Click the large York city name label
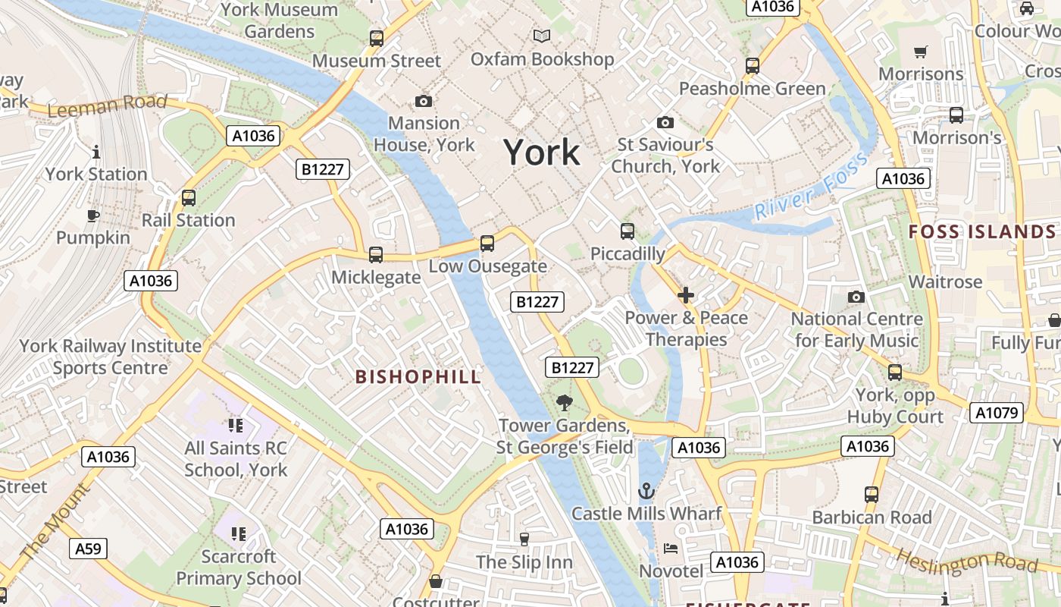pyautogui.click(x=542, y=153)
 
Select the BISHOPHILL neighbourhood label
pyautogui.click(x=418, y=377)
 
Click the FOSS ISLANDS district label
pyautogui.click(x=982, y=232)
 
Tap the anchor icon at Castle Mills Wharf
pyautogui.click(x=646, y=492)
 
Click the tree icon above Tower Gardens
pyautogui.click(x=564, y=403)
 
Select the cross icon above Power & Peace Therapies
pyautogui.click(x=686, y=295)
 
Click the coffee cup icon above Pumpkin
pyautogui.click(x=92, y=215)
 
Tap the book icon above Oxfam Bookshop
pyautogui.click(x=542, y=36)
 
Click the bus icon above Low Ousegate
pyautogui.click(x=487, y=244)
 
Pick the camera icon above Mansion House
pyautogui.click(x=424, y=101)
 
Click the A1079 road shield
pyautogui.click(x=997, y=414)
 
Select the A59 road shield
pyautogui.click(x=89, y=549)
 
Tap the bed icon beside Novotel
pyautogui.click(x=671, y=549)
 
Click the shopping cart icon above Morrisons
pyautogui.click(x=921, y=52)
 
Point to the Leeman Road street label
pyautogui.click(x=107, y=105)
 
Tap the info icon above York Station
pyautogui.click(x=95, y=152)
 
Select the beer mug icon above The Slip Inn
pyautogui.click(x=524, y=539)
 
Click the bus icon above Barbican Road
pyautogui.click(x=872, y=495)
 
